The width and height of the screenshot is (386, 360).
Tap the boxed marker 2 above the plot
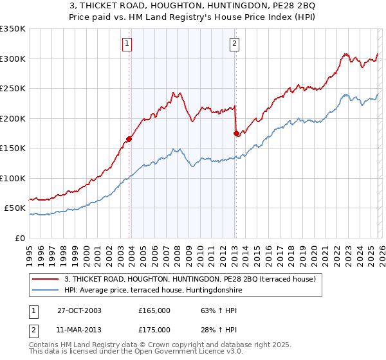pos(234,44)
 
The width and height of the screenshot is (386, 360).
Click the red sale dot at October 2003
pos(129,138)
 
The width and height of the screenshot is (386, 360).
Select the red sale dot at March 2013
pos(236,133)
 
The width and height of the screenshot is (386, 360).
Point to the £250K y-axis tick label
pos(12,89)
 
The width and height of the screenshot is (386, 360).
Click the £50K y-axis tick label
pos(14,208)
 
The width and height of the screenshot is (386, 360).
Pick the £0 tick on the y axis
pos(20,238)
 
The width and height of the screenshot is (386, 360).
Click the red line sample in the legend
pos(45,280)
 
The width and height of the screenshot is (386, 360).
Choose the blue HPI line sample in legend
pos(45,291)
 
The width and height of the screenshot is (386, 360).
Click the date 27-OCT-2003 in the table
pos(79,310)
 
